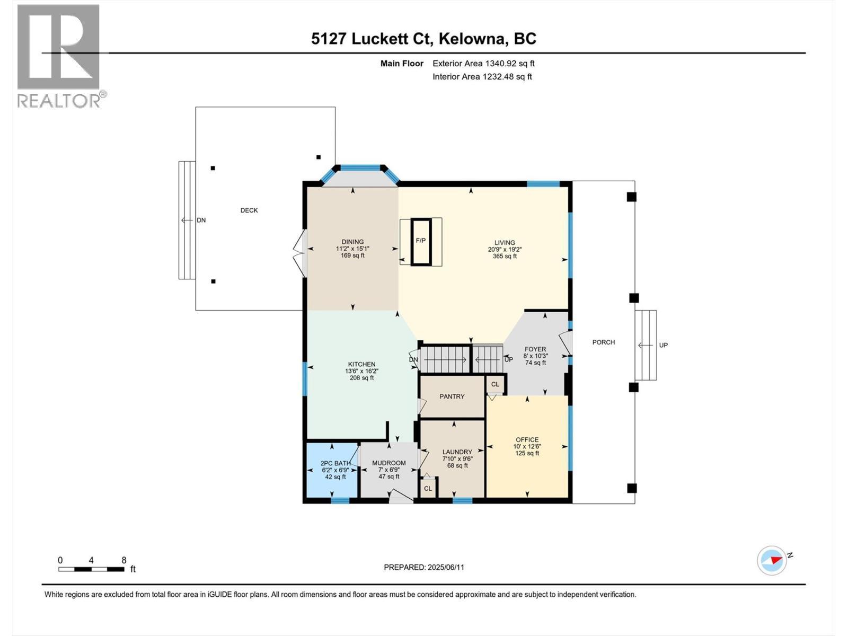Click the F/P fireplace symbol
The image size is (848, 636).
click(421, 241)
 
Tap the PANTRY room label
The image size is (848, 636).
click(452, 396)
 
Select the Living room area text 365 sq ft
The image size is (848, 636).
click(504, 257)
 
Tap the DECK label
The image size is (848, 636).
click(249, 210)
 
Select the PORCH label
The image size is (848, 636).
click(603, 342)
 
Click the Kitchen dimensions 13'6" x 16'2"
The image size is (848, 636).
click(361, 371)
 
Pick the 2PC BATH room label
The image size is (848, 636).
click(335, 463)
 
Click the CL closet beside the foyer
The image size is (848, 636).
click(495, 384)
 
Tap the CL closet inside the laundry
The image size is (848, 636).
click(428, 489)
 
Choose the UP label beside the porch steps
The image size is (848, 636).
click(663, 345)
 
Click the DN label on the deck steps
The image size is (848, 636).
click(201, 220)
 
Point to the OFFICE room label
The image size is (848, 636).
click(527, 439)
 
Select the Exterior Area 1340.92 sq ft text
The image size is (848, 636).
click(483, 64)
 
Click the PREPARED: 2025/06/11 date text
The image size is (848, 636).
click(424, 567)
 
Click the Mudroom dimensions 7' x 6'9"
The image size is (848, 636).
click(388, 470)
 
